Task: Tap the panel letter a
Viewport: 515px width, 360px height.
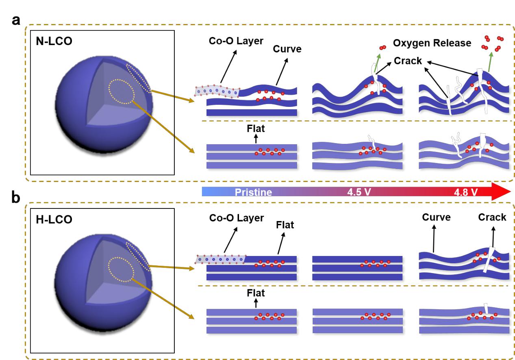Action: (16, 21)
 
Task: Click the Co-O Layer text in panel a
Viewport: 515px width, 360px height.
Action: (236, 41)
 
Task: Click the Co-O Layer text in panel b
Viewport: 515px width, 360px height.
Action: (236, 218)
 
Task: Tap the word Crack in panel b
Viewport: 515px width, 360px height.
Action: (492, 217)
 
